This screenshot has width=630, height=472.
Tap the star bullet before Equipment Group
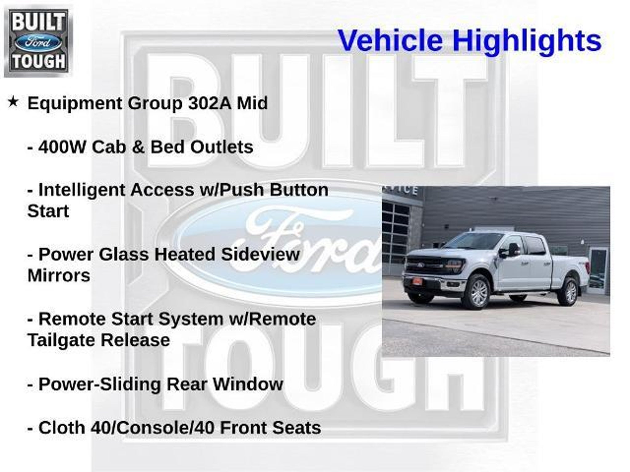[x=13, y=102]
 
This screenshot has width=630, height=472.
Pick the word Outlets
[x=222, y=147]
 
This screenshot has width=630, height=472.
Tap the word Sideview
[x=260, y=254]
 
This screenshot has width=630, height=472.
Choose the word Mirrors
[x=59, y=276]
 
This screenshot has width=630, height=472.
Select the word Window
[x=248, y=384]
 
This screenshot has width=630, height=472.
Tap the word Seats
[x=298, y=428]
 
